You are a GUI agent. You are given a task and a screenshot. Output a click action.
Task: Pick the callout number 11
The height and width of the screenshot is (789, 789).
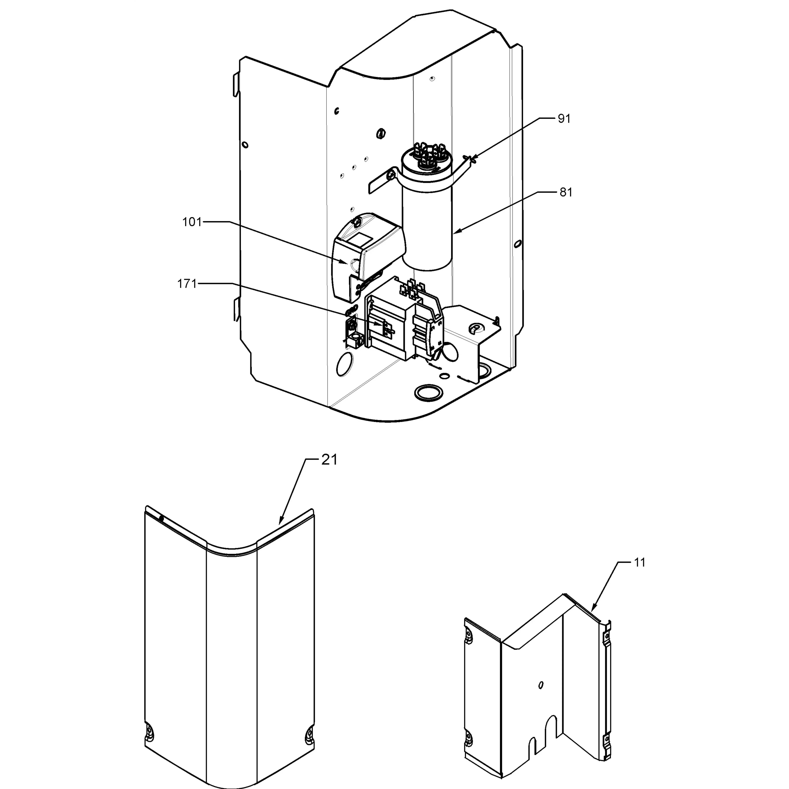click(640, 563)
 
